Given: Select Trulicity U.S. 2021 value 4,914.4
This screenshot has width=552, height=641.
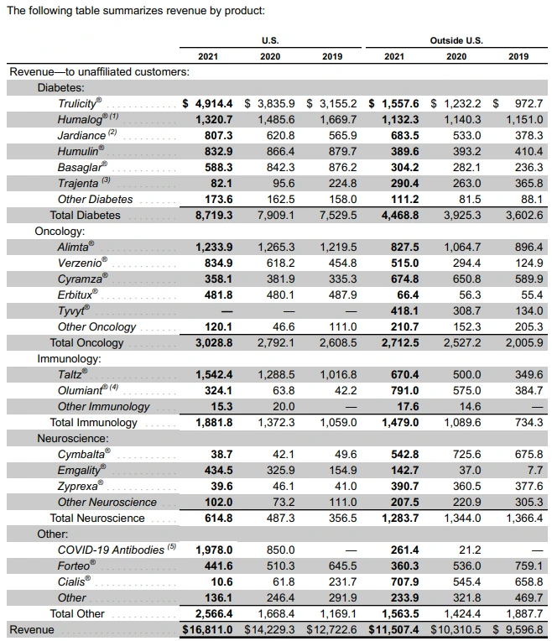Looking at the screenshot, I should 209,103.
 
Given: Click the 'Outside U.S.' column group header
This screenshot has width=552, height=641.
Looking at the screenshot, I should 456,39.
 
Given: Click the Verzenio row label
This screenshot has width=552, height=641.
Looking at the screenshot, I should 81,263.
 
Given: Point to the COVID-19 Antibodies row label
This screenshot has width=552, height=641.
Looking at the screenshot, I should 110,550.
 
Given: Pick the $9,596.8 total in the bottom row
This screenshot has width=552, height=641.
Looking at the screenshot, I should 517,629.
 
